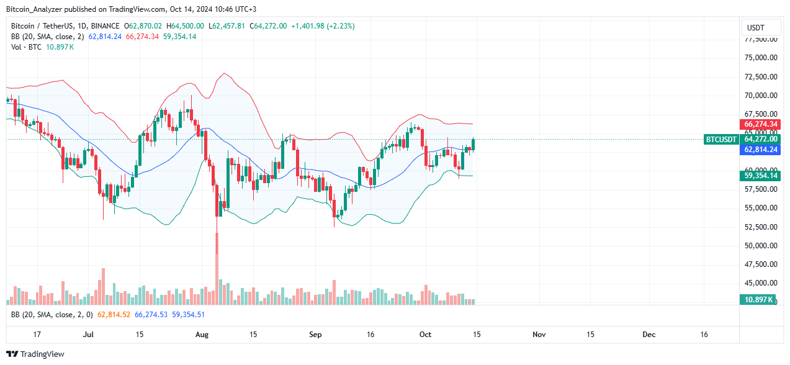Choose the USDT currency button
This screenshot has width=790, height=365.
756,28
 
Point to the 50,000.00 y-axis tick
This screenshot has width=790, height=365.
761,246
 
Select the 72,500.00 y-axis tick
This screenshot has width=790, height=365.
761,77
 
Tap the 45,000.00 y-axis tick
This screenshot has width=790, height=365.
761,283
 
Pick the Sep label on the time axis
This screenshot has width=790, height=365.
315,335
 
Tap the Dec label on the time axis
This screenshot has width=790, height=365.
649,335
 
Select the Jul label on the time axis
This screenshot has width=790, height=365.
88,335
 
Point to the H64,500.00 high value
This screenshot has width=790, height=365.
188,26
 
